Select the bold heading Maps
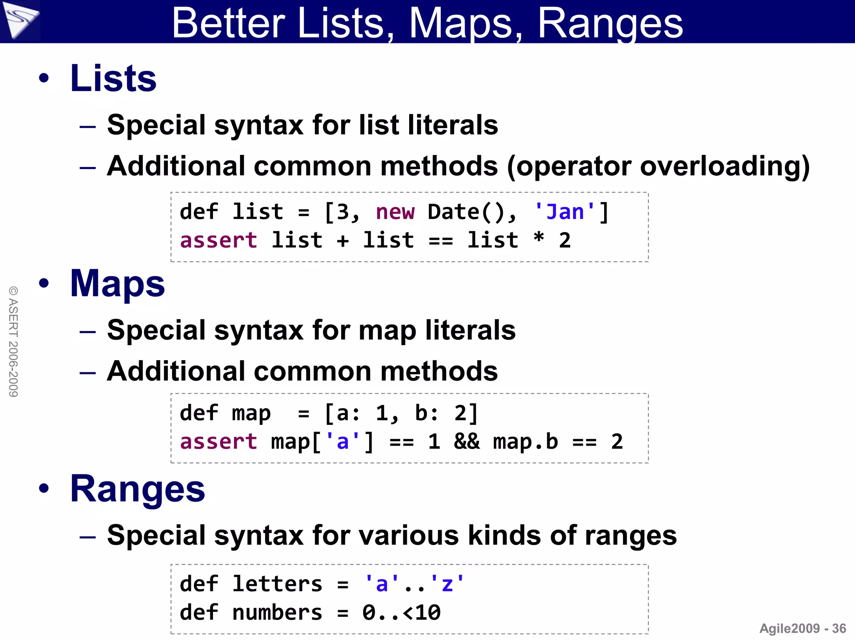(x=117, y=284)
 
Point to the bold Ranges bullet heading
(x=137, y=489)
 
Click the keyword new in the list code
(x=395, y=212)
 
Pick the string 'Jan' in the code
(x=565, y=212)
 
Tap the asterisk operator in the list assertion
(x=539, y=239)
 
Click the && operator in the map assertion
(x=467, y=442)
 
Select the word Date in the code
(x=453, y=212)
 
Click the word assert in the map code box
(x=218, y=442)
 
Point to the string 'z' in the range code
(x=447, y=584)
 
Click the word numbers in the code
(x=277, y=613)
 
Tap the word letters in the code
(x=277, y=584)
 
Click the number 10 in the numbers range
(x=428, y=613)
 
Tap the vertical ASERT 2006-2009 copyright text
(x=13, y=341)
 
